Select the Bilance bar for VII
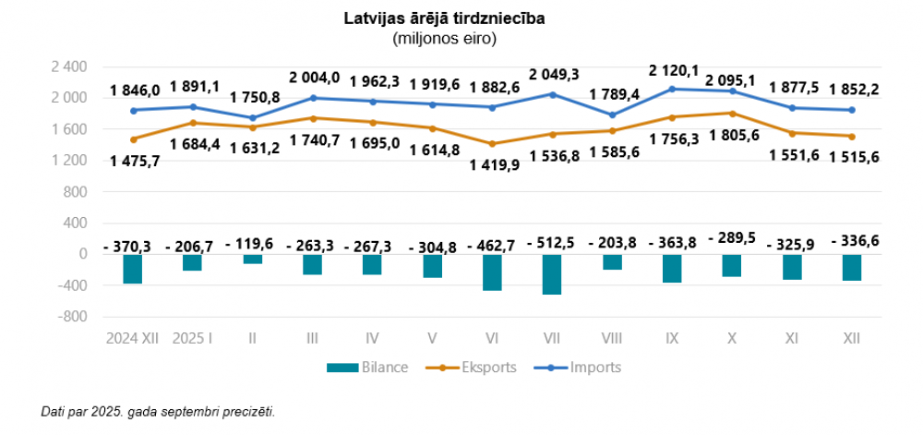point(552,274)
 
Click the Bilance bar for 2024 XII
point(133,269)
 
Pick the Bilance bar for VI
point(492,272)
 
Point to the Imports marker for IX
point(672,89)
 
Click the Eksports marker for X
point(732,114)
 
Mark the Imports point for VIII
point(612,115)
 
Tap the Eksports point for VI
point(492,144)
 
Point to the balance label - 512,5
point(552,242)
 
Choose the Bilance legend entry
point(367,368)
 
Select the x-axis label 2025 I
point(193,339)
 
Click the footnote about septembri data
point(158,410)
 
